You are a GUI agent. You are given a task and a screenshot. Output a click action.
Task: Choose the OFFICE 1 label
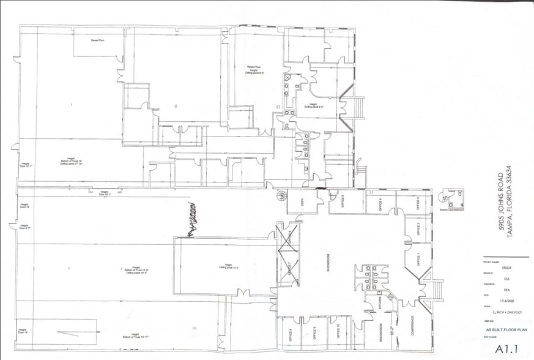coord(419,260)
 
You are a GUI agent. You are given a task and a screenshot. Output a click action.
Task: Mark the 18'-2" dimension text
coord(398,331)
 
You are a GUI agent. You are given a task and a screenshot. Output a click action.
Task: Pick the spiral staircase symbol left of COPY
coord(281,196)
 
